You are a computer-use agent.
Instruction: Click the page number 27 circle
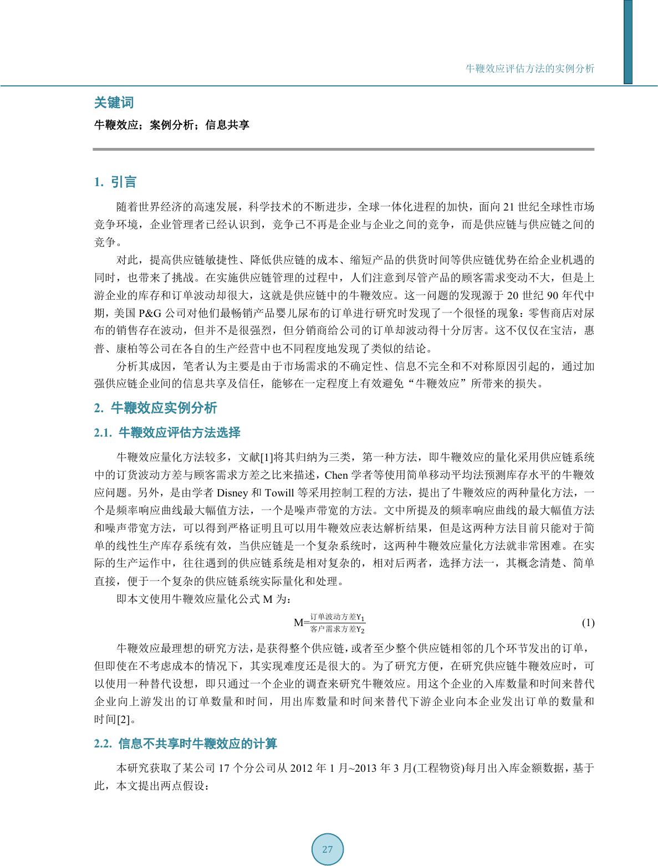click(x=327, y=849)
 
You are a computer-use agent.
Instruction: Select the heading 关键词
click(x=114, y=103)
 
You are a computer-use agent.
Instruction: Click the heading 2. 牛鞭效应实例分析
click(x=156, y=408)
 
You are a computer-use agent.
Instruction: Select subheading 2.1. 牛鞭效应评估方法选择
click(x=167, y=432)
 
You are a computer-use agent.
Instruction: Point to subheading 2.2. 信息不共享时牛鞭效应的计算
click(x=186, y=744)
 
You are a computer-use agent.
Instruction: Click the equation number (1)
click(x=588, y=623)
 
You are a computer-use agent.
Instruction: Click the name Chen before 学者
click(x=336, y=475)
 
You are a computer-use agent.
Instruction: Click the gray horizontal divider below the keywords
click(x=344, y=149)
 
